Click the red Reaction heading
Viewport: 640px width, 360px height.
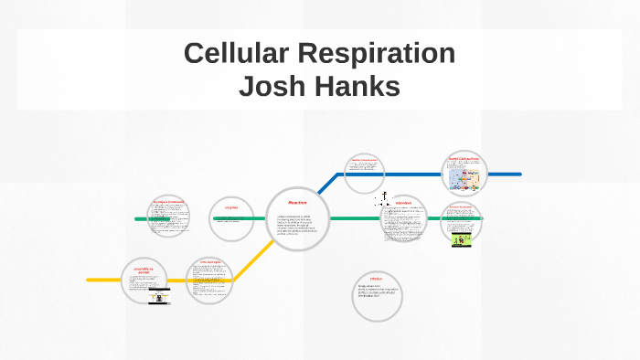[x=297, y=202]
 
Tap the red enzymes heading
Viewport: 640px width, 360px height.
[x=230, y=207]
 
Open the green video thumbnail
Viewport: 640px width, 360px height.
[x=463, y=240]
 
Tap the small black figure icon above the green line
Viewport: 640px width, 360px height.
[x=386, y=198]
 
